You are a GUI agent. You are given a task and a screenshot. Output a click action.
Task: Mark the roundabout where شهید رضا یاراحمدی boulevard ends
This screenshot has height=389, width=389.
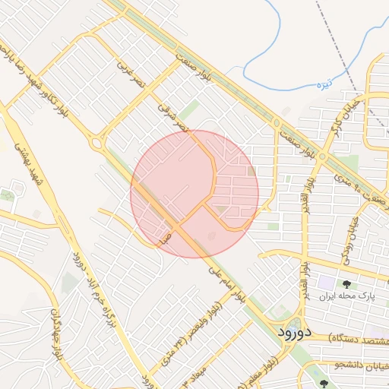96,142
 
